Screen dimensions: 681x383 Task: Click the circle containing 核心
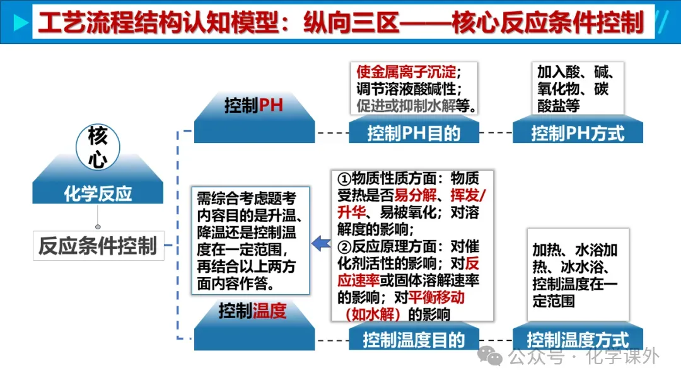97,147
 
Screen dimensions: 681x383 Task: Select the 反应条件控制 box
98,246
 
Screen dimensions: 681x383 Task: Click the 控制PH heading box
254,105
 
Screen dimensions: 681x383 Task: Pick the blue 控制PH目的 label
414,133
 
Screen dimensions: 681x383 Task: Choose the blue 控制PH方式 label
578,133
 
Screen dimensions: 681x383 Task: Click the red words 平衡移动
436,296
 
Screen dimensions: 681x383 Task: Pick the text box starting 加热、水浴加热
577,275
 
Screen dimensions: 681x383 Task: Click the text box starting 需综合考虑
250,241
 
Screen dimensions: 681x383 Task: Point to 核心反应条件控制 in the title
548,23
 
